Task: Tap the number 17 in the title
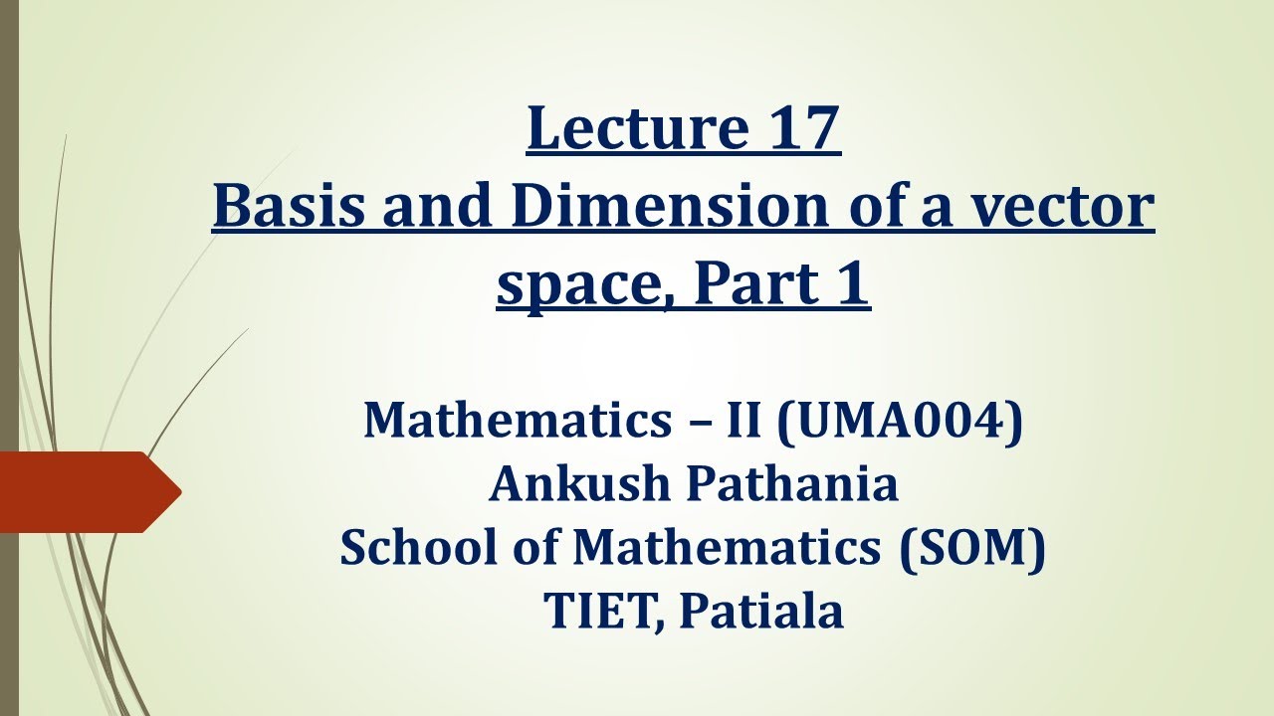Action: click(x=803, y=129)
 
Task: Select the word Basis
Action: click(x=287, y=207)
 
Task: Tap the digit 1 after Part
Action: click(x=854, y=283)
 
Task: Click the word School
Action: click(x=409, y=548)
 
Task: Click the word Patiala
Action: click(x=761, y=612)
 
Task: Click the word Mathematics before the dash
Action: click(x=508, y=420)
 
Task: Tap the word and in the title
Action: click(x=441, y=207)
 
